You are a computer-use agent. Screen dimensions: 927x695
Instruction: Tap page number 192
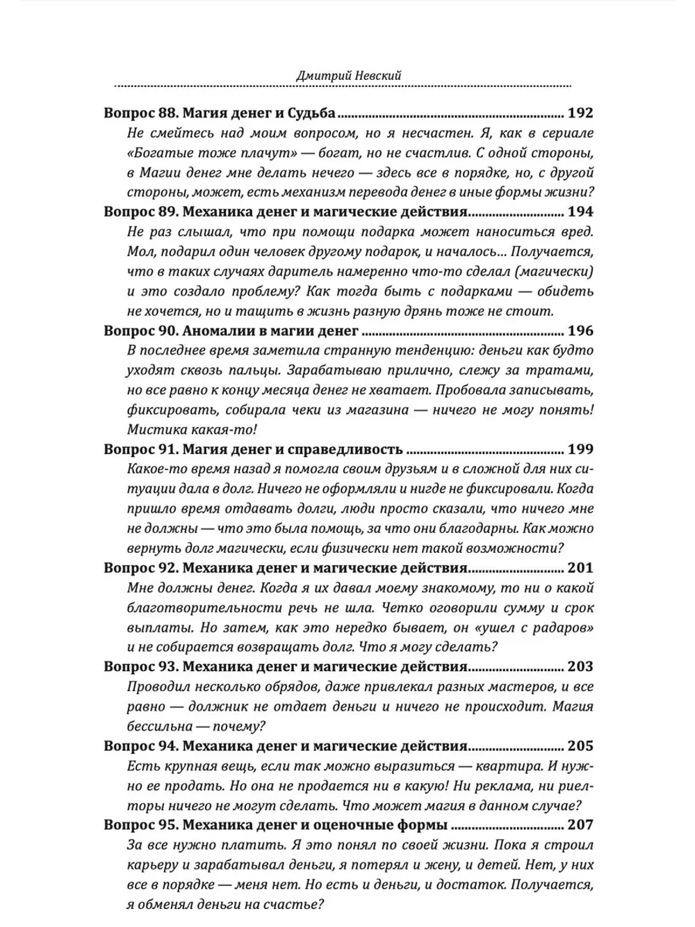[580, 113]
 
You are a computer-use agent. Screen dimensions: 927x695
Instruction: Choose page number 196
[580, 330]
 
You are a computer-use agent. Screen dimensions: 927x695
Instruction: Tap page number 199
[580, 449]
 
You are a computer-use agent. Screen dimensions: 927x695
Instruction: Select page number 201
[580, 567]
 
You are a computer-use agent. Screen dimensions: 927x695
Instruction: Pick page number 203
[580, 666]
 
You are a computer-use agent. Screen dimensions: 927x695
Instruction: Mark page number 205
[580, 745]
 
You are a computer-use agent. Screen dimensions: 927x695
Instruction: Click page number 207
[580, 825]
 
